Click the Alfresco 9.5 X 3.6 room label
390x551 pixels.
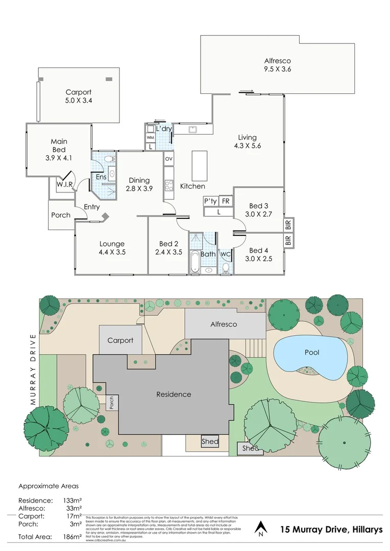277,64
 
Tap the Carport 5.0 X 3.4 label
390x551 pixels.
79,96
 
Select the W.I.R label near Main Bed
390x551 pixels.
64,184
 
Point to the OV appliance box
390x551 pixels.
169,159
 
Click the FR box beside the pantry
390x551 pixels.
225,201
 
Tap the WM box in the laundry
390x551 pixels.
150,138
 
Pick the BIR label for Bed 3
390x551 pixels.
288,224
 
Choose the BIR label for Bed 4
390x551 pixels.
288,240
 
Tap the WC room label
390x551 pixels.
225,254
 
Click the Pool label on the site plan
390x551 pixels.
312,353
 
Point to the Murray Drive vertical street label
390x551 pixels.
33,369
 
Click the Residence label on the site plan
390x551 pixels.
174,394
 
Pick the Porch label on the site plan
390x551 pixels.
112,403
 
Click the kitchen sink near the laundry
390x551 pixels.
193,130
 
